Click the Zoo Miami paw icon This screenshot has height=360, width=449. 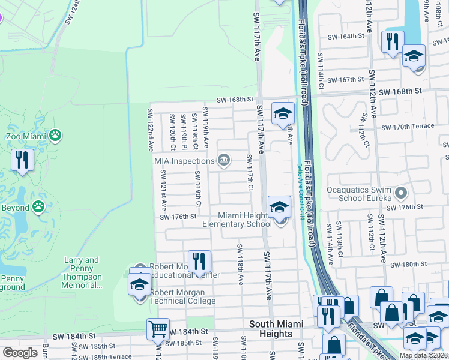pyautogui.click(x=55, y=136)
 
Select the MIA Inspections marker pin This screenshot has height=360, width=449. pyautogui.click(x=224, y=160)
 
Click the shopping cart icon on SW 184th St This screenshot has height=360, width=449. pyautogui.click(x=157, y=328)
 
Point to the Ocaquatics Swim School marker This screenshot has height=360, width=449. pyautogui.click(x=402, y=193)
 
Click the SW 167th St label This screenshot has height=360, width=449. pyautogui.click(x=348, y=79)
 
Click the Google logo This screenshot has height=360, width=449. pyautogui.click(x=20, y=352)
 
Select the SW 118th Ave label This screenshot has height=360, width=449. pyautogui.click(x=240, y=264)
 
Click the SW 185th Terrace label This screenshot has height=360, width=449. pyautogui.click(x=110, y=356)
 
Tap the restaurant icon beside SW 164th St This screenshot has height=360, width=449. pyautogui.click(x=393, y=41)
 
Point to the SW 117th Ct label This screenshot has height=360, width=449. pyautogui.click(x=249, y=173)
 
